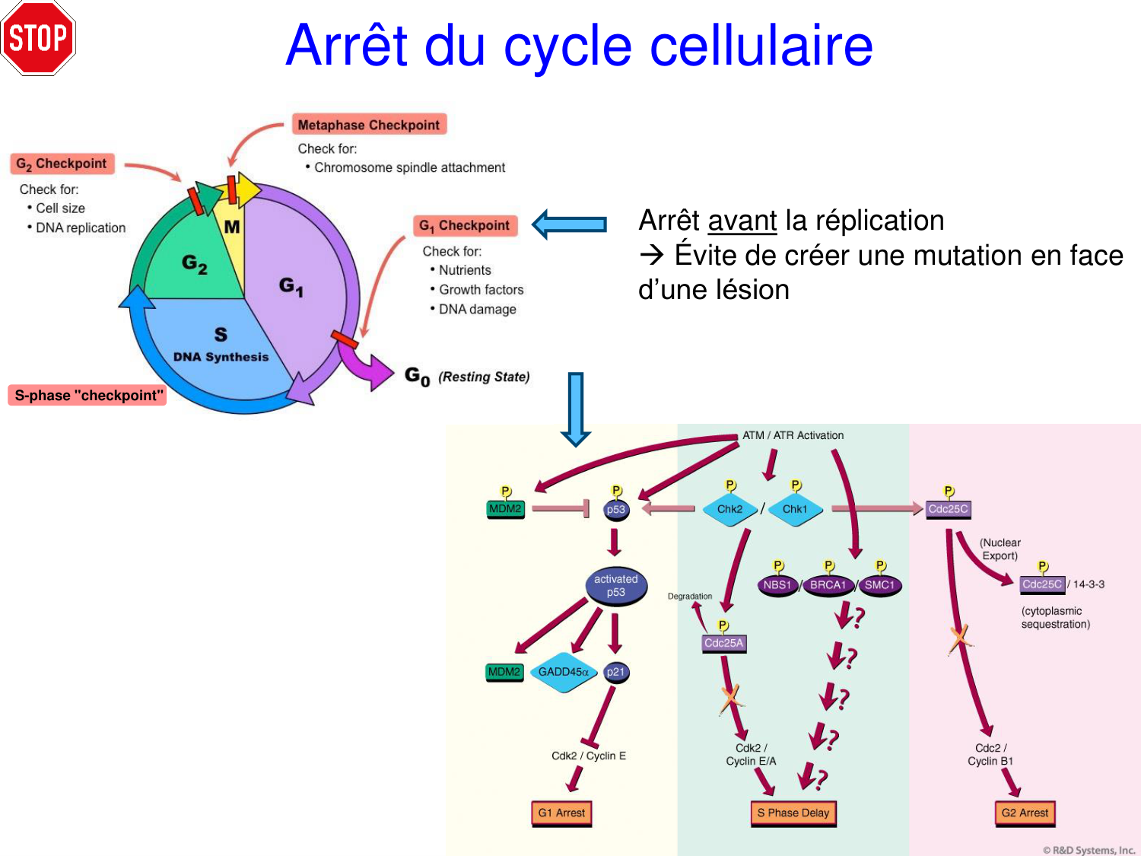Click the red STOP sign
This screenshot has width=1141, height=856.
pyautogui.click(x=38, y=38)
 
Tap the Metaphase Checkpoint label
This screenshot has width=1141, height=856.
pyautogui.click(x=369, y=125)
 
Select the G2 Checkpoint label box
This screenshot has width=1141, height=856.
pyautogui.click(x=62, y=164)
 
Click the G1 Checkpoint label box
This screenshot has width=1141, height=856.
pyautogui.click(x=465, y=225)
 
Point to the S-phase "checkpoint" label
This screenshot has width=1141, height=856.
pyautogui.click(x=88, y=396)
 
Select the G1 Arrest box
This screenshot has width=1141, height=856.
pyautogui.click(x=561, y=813)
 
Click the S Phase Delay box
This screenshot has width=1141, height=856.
pyautogui.click(x=793, y=813)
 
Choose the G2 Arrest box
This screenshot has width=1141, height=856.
pyautogui.click(x=1025, y=813)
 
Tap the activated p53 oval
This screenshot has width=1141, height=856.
pyautogui.click(x=616, y=586)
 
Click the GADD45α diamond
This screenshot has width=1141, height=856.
pyautogui.click(x=563, y=672)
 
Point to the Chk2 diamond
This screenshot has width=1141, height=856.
pyautogui.click(x=729, y=509)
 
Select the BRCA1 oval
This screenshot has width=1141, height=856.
pyautogui.click(x=828, y=585)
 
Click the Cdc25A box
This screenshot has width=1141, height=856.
pyautogui.click(x=723, y=643)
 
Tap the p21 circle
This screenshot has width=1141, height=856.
pyautogui.click(x=615, y=672)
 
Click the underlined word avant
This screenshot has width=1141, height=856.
pyautogui.click(x=742, y=221)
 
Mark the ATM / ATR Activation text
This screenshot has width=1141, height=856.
pyautogui.click(x=793, y=435)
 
